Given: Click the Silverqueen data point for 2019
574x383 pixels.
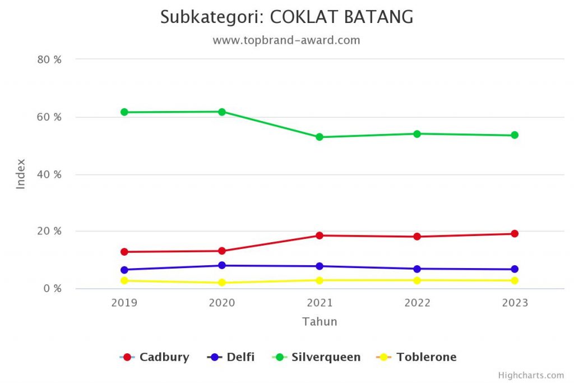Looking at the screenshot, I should pyautogui.click(x=124, y=112).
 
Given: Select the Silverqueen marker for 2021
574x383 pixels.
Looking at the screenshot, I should pyautogui.click(x=320, y=137).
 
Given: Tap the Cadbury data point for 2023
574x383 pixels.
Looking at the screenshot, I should pyautogui.click(x=515, y=233).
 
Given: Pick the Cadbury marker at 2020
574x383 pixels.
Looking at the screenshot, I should pyautogui.click(x=222, y=251).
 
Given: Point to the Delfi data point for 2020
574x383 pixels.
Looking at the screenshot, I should pyautogui.click(x=222, y=265).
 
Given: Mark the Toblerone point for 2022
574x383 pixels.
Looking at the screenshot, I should pyautogui.click(x=417, y=280).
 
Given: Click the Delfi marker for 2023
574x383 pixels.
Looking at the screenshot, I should pyautogui.click(x=515, y=269).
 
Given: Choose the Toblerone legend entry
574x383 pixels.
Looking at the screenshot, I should pyautogui.click(x=426, y=357).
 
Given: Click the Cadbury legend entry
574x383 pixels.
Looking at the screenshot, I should pyautogui.click(x=164, y=357).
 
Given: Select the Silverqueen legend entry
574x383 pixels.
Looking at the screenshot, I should pyautogui.click(x=326, y=357).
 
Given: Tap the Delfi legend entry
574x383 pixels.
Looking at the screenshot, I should pyautogui.click(x=240, y=357).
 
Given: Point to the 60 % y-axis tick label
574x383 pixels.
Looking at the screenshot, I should pyautogui.click(x=49, y=117).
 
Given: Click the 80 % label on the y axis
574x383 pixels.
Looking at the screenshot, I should pyautogui.click(x=49, y=59).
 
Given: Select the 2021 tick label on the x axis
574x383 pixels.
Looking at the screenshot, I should pyautogui.click(x=320, y=303).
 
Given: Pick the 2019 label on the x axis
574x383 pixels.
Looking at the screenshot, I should pyautogui.click(x=124, y=303).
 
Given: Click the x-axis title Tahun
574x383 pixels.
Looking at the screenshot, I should pyautogui.click(x=320, y=322).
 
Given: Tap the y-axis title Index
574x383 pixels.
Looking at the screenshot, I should pyautogui.click(x=21, y=174).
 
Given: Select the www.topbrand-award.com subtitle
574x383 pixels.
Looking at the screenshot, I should pyautogui.click(x=286, y=40).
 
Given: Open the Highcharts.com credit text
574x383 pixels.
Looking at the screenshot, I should pyautogui.click(x=531, y=375).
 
